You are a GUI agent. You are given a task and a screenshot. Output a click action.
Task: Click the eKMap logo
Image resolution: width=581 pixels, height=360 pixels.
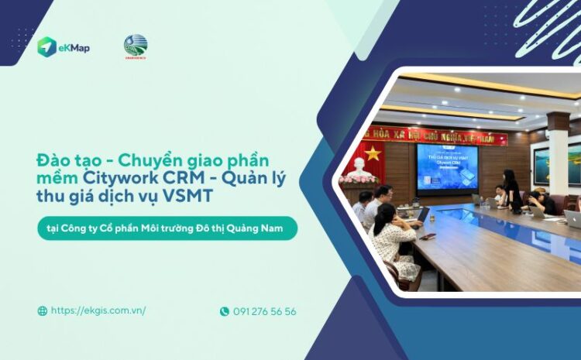click(64, 47)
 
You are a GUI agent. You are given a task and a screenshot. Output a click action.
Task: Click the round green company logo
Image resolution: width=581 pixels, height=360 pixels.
click(136, 46)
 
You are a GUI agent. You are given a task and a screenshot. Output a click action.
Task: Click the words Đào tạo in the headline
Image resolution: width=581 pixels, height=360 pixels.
click(65, 160)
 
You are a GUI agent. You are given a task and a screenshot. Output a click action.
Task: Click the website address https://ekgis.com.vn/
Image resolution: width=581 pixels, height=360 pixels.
click(98, 310)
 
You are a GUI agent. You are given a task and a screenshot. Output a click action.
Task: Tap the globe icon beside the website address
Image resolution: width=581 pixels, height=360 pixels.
click(43, 311)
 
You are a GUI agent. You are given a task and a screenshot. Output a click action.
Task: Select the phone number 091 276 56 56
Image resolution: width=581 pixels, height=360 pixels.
click(264, 311)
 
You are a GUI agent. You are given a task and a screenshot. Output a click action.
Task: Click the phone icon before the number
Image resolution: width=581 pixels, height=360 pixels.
click(225, 311)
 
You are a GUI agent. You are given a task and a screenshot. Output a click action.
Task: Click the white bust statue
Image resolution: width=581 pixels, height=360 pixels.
click(359, 166)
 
